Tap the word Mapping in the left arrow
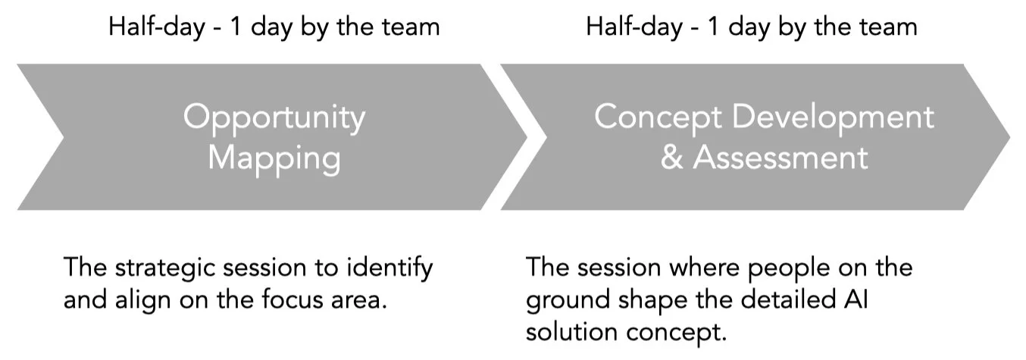click(274, 158)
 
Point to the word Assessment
click(780, 158)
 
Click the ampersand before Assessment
click(672, 158)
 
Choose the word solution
click(572, 332)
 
